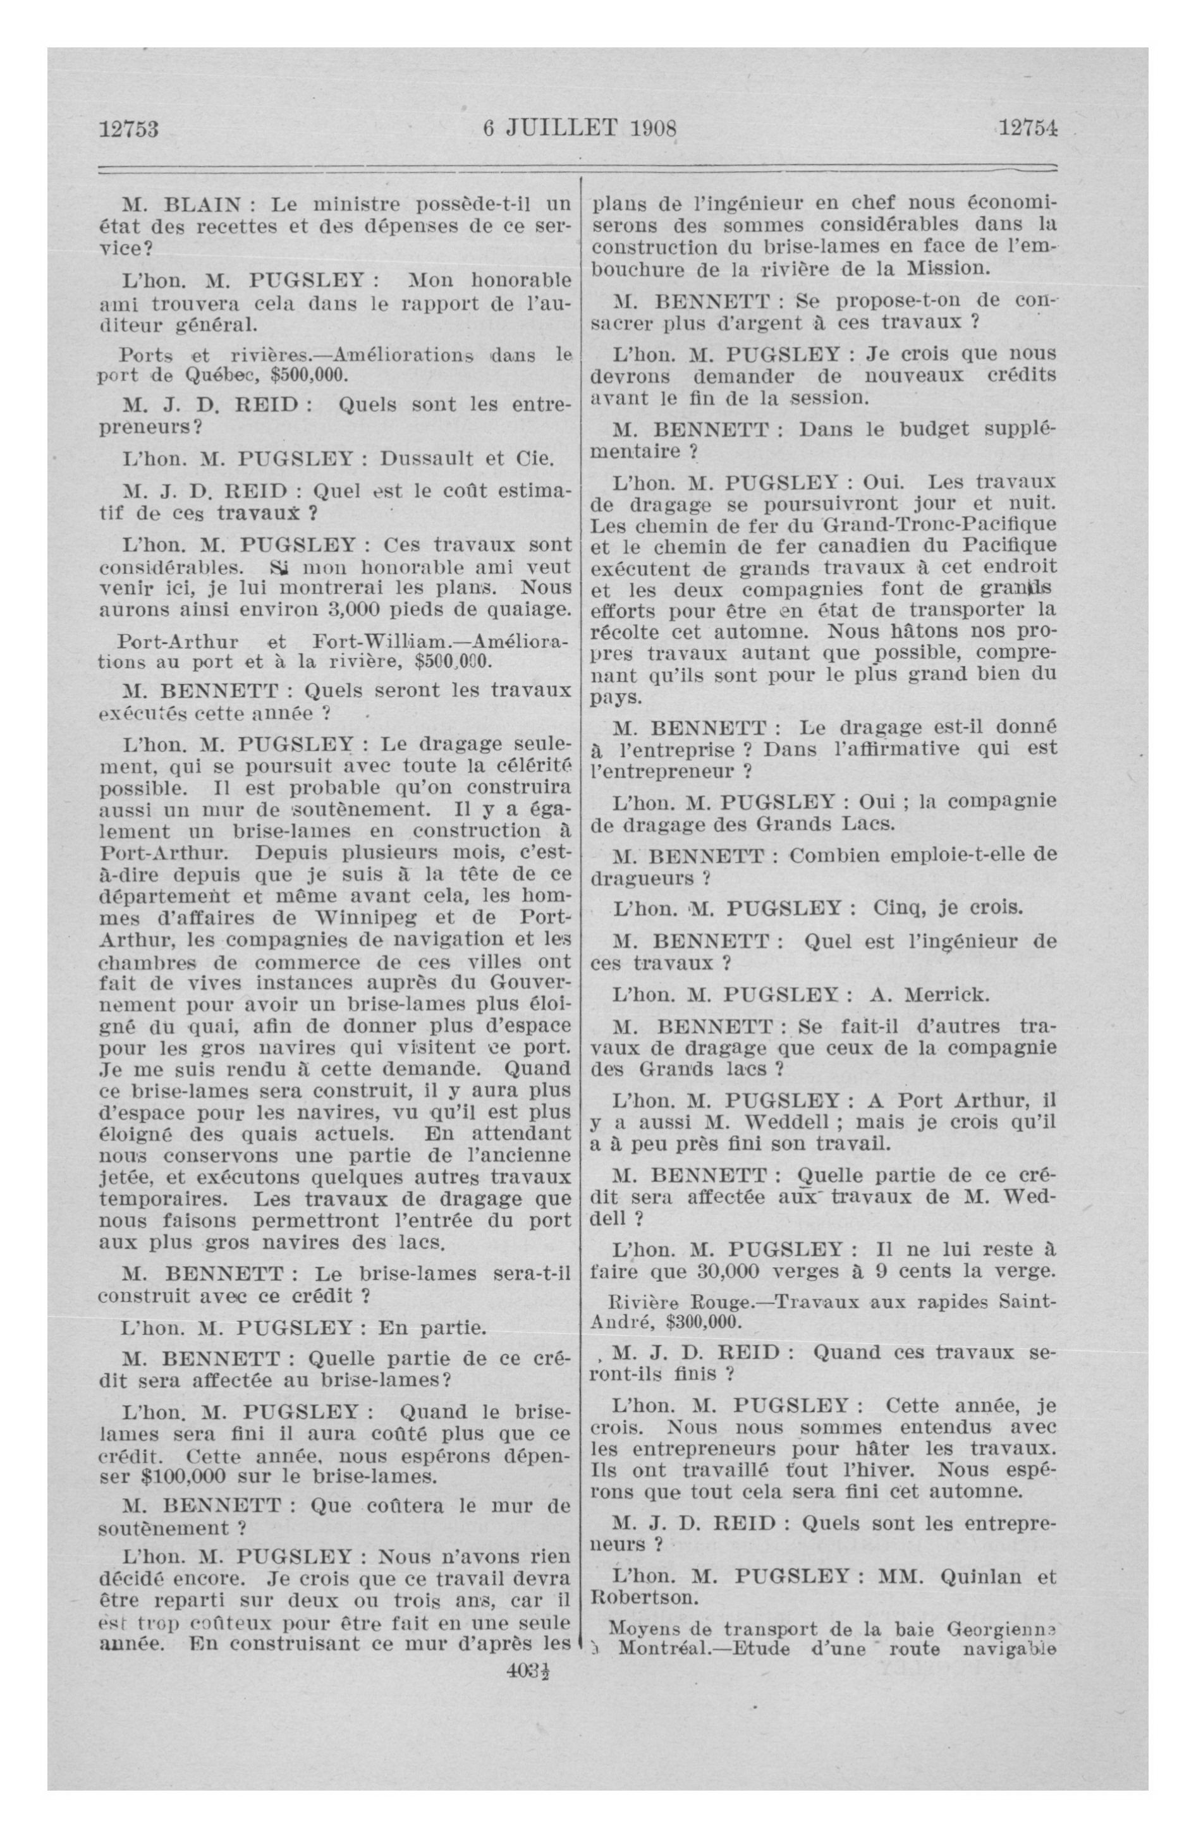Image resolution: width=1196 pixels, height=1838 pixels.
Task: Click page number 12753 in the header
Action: click(x=129, y=128)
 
